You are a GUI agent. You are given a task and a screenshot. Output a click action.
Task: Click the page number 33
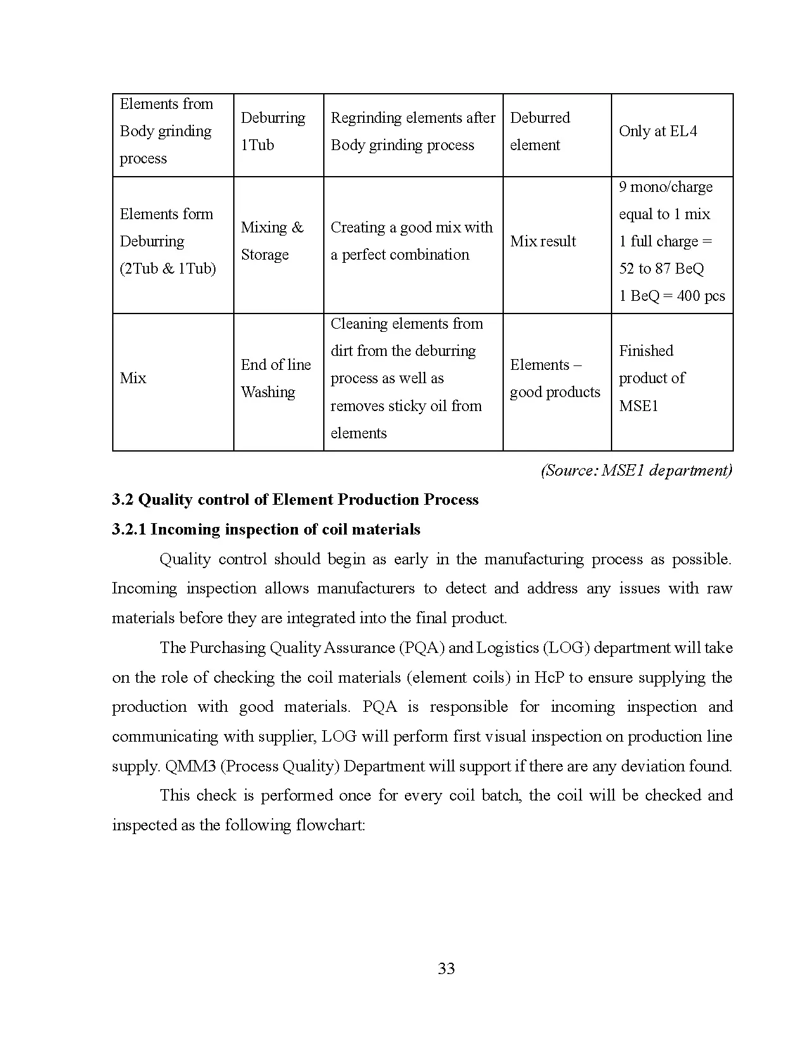[x=446, y=968]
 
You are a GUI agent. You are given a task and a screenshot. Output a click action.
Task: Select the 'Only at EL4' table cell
[x=657, y=131]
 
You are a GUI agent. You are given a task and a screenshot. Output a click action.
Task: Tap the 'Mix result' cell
[x=542, y=241]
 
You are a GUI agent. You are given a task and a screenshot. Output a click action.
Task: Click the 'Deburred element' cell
[x=539, y=131]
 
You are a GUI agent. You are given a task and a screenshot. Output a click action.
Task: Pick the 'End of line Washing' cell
[x=276, y=378]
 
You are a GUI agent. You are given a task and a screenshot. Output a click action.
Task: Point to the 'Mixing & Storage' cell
[x=272, y=241]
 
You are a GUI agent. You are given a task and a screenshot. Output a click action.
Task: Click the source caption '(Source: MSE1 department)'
[x=636, y=470]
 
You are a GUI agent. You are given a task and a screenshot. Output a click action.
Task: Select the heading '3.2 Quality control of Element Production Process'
[x=295, y=500]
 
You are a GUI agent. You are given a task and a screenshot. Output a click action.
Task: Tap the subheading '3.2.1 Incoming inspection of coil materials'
[x=266, y=529]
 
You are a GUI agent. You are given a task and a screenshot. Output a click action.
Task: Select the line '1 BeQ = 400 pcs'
[x=672, y=296]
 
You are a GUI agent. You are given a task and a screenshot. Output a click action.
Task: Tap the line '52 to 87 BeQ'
[x=661, y=269]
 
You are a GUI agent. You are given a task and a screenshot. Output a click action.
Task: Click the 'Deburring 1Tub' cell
[x=273, y=131]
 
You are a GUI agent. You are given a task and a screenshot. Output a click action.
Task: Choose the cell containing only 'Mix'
[x=133, y=378]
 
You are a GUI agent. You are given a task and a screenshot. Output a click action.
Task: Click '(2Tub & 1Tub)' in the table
[x=167, y=269]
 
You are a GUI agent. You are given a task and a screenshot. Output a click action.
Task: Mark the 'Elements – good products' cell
[x=555, y=378]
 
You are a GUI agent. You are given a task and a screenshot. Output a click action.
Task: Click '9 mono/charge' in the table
[x=665, y=187]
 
